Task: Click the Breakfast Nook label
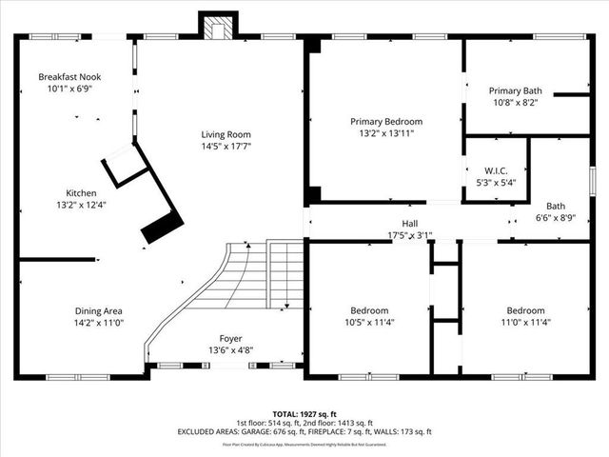70,76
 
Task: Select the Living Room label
225,134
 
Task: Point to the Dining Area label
99,310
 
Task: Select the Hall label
410,223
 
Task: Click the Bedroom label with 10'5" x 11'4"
368,323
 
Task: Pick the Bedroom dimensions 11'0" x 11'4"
525,323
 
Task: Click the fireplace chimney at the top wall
215,28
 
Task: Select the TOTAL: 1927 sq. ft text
303,412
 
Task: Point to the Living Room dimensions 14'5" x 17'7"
225,147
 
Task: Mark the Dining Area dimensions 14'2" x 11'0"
99,323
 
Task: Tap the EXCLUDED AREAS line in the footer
303,431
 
